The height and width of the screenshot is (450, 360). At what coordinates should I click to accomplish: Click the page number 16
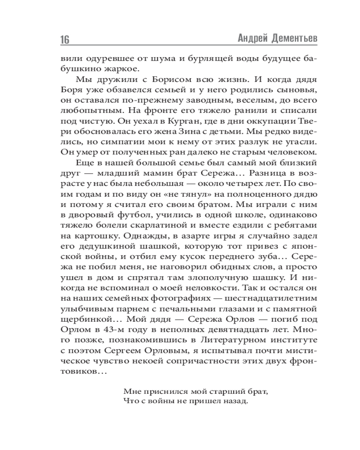tap(64, 39)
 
